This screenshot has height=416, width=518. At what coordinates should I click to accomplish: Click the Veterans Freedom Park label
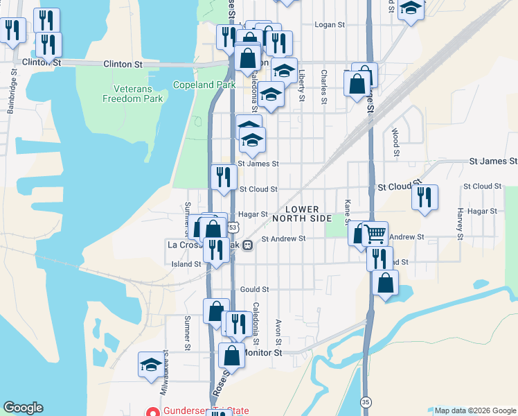click(132, 94)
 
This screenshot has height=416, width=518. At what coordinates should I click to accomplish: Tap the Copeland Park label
click(196, 85)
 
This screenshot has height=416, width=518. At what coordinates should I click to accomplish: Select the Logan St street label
click(330, 25)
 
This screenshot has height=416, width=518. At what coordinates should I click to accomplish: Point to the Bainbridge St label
click(13, 85)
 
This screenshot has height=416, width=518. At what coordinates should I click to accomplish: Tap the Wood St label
click(395, 141)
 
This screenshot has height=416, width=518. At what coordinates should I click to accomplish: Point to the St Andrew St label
click(283, 239)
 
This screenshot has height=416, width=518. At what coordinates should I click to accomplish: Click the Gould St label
click(253, 289)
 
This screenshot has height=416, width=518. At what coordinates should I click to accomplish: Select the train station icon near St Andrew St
click(247, 245)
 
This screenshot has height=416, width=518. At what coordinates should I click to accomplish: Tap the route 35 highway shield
click(366, 401)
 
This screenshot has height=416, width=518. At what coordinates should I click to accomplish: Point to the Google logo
click(24, 408)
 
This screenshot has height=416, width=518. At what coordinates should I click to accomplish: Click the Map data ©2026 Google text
click(474, 410)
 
